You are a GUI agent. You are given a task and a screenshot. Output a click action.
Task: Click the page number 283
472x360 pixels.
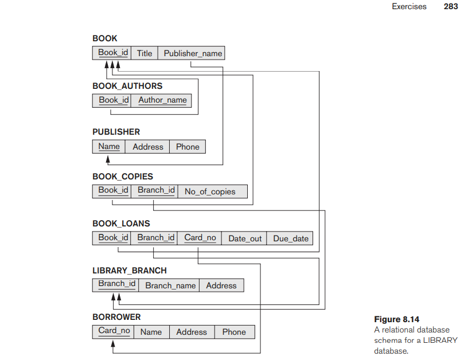[450, 6]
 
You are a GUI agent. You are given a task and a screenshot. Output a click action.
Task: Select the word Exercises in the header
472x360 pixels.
[409, 6]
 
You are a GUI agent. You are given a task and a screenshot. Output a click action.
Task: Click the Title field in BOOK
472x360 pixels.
[145, 53]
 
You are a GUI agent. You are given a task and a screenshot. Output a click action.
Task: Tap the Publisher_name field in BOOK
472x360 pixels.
[193, 53]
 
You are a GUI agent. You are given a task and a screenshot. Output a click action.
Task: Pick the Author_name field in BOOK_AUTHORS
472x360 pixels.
[162, 100]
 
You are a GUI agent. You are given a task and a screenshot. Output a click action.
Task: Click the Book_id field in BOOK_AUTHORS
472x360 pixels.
[112, 100]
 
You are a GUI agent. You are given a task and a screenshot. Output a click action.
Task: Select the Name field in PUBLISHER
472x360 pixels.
[109, 147]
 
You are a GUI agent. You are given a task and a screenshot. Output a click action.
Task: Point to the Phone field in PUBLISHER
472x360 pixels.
[188, 147]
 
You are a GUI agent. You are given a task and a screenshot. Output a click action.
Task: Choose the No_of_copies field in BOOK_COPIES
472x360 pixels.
[210, 191]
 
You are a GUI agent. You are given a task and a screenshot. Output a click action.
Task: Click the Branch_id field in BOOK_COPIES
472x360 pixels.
[156, 190]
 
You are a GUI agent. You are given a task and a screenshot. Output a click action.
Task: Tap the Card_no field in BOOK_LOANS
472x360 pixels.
[200, 238]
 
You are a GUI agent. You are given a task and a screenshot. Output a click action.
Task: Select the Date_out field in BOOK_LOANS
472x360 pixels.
[245, 238]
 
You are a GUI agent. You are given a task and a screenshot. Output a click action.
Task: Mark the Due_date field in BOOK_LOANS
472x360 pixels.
[291, 238]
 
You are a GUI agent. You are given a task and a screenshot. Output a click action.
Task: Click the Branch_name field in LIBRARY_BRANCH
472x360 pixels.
[170, 285]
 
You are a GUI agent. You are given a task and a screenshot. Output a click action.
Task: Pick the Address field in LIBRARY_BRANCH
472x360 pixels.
[221, 285]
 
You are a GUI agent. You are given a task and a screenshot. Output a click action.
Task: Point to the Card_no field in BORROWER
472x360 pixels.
[114, 331]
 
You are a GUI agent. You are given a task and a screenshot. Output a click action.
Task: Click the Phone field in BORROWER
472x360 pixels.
[234, 332]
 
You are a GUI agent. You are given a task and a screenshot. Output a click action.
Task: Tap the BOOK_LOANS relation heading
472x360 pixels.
[121, 224]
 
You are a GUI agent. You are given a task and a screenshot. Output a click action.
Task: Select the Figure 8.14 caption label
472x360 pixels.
[396, 319]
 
